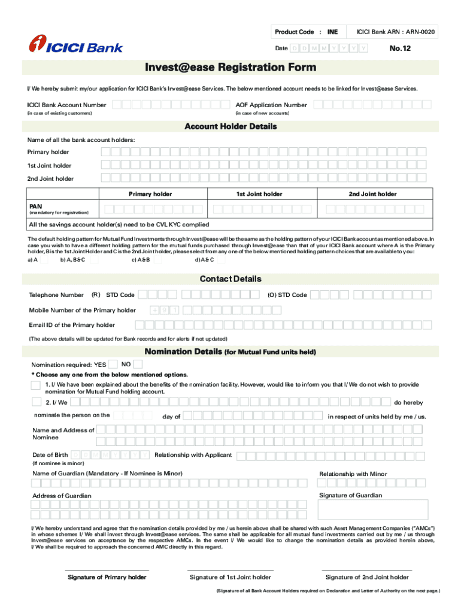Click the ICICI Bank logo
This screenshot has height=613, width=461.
point(76,44)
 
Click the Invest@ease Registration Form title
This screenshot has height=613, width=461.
point(230,68)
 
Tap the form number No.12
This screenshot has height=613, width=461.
point(400,48)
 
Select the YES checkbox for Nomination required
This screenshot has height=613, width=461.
point(113,364)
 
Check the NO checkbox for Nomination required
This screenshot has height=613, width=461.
point(138,364)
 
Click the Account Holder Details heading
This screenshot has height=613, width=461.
point(230,127)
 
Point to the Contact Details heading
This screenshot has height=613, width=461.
point(230,279)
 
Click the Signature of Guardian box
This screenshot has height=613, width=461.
point(373,509)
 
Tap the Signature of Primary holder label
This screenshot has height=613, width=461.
point(107,577)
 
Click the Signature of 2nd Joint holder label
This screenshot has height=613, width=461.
point(367,577)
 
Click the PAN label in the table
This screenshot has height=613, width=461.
point(36,207)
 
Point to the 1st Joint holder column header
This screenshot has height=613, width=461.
point(259,194)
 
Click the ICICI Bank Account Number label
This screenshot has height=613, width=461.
point(66,105)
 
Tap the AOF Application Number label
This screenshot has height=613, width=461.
point(271,105)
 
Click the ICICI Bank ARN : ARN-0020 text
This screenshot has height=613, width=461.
point(396,31)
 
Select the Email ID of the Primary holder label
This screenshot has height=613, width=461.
point(72,325)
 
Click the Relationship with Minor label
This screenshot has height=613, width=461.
point(353,474)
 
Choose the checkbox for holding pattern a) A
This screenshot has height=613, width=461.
point(44,260)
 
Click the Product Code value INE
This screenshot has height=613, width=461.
point(332,31)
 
